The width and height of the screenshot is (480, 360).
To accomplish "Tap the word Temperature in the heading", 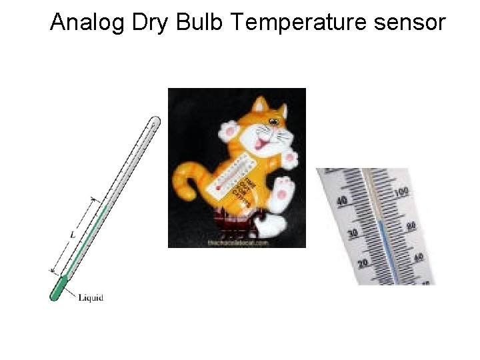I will point(302,23).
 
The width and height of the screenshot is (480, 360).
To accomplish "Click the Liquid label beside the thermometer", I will point(91,297).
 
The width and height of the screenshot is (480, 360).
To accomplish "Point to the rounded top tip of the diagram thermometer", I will point(155,122).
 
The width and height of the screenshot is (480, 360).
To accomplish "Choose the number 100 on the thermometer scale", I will point(401,193).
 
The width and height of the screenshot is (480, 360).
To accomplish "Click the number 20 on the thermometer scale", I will point(363,263).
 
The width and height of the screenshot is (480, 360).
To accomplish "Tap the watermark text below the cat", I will point(237,243).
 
